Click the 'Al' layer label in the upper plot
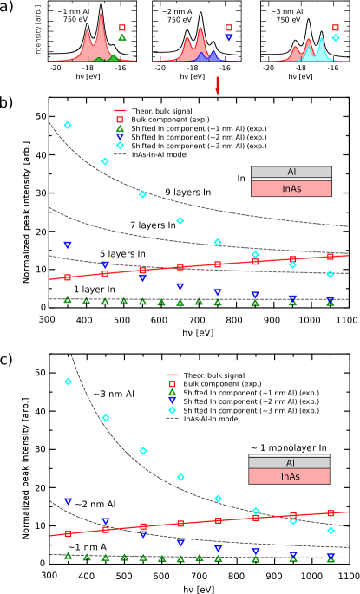[291, 172]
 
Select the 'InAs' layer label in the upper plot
[291, 188]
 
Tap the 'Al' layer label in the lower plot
[290, 463]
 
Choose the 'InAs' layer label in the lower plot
[290, 476]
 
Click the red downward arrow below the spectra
[218, 89]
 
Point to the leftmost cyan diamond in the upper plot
[68, 125]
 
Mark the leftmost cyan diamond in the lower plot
[68, 382]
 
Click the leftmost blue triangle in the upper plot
[68, 245]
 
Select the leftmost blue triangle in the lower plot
[68, 502]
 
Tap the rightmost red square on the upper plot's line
[331, 257]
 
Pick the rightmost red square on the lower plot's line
[331, 512]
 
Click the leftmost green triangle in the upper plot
[68, 299]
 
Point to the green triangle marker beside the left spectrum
[122, 37]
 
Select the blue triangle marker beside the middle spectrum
[229, 37]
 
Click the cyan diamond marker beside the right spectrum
[336, 38]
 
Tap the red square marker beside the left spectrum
[122, 28]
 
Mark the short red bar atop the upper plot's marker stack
[120, 111]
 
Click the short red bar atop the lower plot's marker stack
[172, 375]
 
